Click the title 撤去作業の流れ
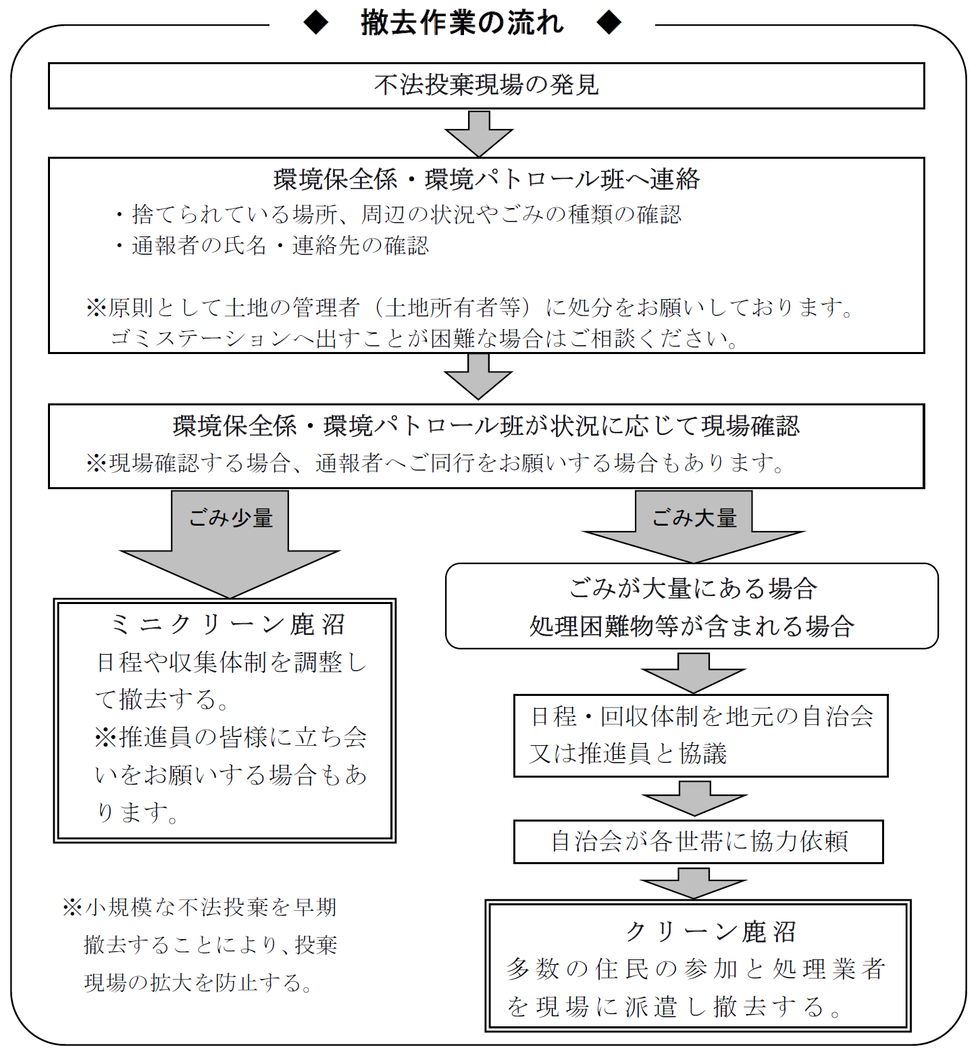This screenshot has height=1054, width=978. tap(462, 23)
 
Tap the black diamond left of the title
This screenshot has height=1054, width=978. tap(316, 23)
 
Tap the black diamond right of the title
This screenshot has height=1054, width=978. tap(609, 23)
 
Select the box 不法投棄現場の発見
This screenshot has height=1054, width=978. tap(486, 85)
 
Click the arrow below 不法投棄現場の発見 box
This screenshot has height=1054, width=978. tap(479, 133)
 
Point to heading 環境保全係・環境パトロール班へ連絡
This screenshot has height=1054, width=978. tap(486, 179)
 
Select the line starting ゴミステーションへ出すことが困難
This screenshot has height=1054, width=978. tap(424, 338)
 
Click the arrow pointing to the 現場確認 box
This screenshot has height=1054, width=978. tap(478, 376)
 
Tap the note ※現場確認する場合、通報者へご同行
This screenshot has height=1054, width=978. tap(436, 463)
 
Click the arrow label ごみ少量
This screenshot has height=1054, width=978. tap(230, 518)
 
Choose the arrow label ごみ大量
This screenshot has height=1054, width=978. tap(694, 518)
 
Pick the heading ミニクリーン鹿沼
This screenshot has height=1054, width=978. tap(228, 624)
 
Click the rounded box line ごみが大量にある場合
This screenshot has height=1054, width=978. tap(693, 588)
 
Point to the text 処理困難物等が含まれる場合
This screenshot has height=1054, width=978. tap(692, 626)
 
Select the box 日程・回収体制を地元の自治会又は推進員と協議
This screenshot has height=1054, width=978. tap(700, 735)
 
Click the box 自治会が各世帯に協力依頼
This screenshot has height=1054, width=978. tap(698, 841)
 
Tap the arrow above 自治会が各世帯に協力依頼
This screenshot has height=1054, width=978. tap(694, 799)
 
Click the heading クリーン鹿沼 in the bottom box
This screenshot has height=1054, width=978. tap(711, 932)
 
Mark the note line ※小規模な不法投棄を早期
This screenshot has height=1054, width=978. tap(200, 907)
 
